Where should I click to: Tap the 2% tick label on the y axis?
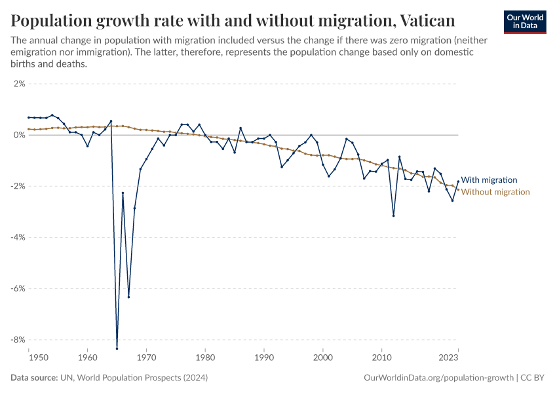pyautogui.click(x=18, y=84)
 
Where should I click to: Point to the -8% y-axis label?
pyautogui.click(x=17, y=339)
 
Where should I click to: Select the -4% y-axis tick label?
pyautogui.click(x=17, y=237)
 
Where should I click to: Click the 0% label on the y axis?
pyautogui.click(x=18, y=135)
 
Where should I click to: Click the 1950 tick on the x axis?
pyautogui.click(x=29, y=358)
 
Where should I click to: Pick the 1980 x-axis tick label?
pyautogui.click(x=205, y=358)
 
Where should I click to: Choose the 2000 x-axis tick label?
pyautogui.click(x=322, y=358)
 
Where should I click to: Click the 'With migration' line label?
pyautogui.click(x=489, y=179)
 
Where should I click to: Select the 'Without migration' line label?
pyautogui.click(x=495, y=192)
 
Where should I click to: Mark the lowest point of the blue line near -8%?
pyautogui.click(x=117, y=348)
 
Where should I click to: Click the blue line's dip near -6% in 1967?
pyautogui.click(x=128, y=297)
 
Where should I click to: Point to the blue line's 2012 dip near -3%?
pyautogui.click(x=393, y=215)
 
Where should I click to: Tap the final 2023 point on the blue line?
pyautogui.click(x=458, y=181)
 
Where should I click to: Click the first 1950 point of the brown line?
pyautogui.click(x=29, y=129)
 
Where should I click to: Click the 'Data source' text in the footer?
pyautogui.click(x=32, y=378)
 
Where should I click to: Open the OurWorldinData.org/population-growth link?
pyautogui.click(x=437, y=378)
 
